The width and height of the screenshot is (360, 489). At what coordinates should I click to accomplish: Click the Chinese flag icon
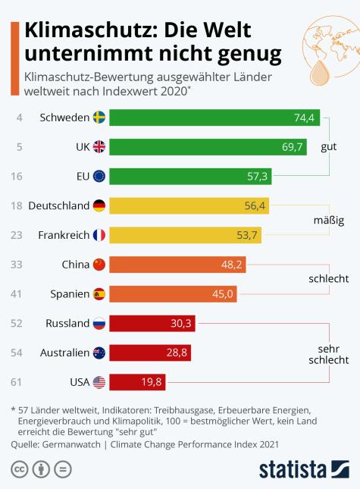99,265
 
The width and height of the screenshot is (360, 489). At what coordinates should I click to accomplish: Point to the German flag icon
99,205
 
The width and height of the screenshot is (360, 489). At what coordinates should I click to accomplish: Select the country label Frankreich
63,235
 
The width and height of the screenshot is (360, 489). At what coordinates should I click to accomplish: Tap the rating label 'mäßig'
329,221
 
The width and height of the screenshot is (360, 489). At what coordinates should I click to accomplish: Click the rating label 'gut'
329,147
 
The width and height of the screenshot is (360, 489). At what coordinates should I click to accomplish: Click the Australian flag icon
99,353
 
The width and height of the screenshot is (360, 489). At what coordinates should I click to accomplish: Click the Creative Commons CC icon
20,468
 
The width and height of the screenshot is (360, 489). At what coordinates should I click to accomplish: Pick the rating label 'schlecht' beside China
327,279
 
